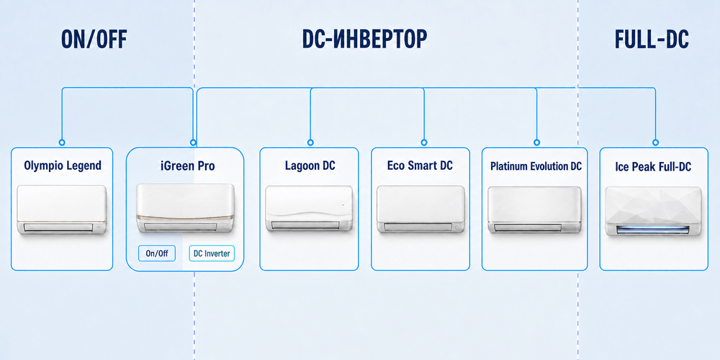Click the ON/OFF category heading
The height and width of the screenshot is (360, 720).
pos(94,40)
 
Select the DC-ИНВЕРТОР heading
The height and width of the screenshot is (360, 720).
pos(364,40)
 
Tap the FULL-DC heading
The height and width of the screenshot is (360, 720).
pos(652,40)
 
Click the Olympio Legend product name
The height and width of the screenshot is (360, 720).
pos(63,166)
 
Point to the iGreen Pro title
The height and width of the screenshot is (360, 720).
pos(188,166)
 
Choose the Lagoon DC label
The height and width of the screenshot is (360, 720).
pos(310,166)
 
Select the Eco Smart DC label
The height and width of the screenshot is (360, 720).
pos(420,166)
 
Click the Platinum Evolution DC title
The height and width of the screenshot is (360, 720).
pos(536,166)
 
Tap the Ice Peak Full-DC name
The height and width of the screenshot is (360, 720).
pos(653,166)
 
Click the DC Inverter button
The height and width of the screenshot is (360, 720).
pos(212,253)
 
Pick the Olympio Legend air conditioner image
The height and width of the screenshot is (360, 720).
pos(62,210)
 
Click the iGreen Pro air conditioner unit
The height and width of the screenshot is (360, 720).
pos(185,209)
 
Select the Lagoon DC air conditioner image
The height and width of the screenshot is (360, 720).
pos(310,209)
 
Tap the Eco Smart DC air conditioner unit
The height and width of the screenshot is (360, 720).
pos(420,209)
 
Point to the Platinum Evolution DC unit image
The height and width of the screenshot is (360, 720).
pos(534,210)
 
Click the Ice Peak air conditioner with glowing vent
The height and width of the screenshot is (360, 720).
pos(653,211)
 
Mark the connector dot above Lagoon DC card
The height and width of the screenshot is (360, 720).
pos(310,143)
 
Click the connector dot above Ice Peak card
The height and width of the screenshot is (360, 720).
pos(655,143)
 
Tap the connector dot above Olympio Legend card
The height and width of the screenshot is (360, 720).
pos(62,143)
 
